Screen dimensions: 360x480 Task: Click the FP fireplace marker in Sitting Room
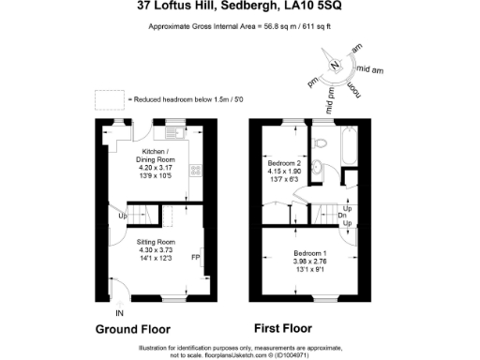tap(196, 256)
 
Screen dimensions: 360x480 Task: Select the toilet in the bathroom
tap(320, 143)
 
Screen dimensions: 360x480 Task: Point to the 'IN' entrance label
tap(118, 312)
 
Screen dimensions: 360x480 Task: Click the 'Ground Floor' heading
tap(132, 330)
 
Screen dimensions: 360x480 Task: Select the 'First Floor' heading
tap(282, 329)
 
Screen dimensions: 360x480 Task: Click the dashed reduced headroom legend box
tap(109, 97)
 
